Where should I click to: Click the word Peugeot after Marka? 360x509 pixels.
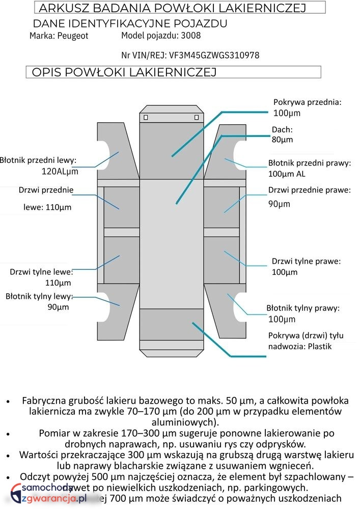(73, 36)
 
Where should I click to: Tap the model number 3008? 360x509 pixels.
(191, 35)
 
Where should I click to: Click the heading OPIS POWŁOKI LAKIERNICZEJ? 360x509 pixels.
(124, 72)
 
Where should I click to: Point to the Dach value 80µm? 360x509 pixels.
(282, 139)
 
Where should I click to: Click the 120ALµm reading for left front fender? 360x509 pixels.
(60, 172)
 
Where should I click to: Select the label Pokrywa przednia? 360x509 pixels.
(307, 102)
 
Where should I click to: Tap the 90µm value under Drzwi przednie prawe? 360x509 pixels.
(280, 204)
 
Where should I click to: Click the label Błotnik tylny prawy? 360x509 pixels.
(303, 308)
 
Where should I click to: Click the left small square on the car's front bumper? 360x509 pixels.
(146, 118)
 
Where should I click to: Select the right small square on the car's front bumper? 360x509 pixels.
(197, 118)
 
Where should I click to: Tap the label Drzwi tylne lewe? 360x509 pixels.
(41, 272)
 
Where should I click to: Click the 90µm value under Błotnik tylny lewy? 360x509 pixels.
(59, 307)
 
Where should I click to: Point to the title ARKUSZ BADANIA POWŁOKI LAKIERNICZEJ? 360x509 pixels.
(172, 8)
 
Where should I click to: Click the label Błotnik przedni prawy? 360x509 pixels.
(310, 163)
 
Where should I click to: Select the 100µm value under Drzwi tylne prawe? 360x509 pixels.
(285, 272)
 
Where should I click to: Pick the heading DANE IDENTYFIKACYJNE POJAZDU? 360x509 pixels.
(130, 24)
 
